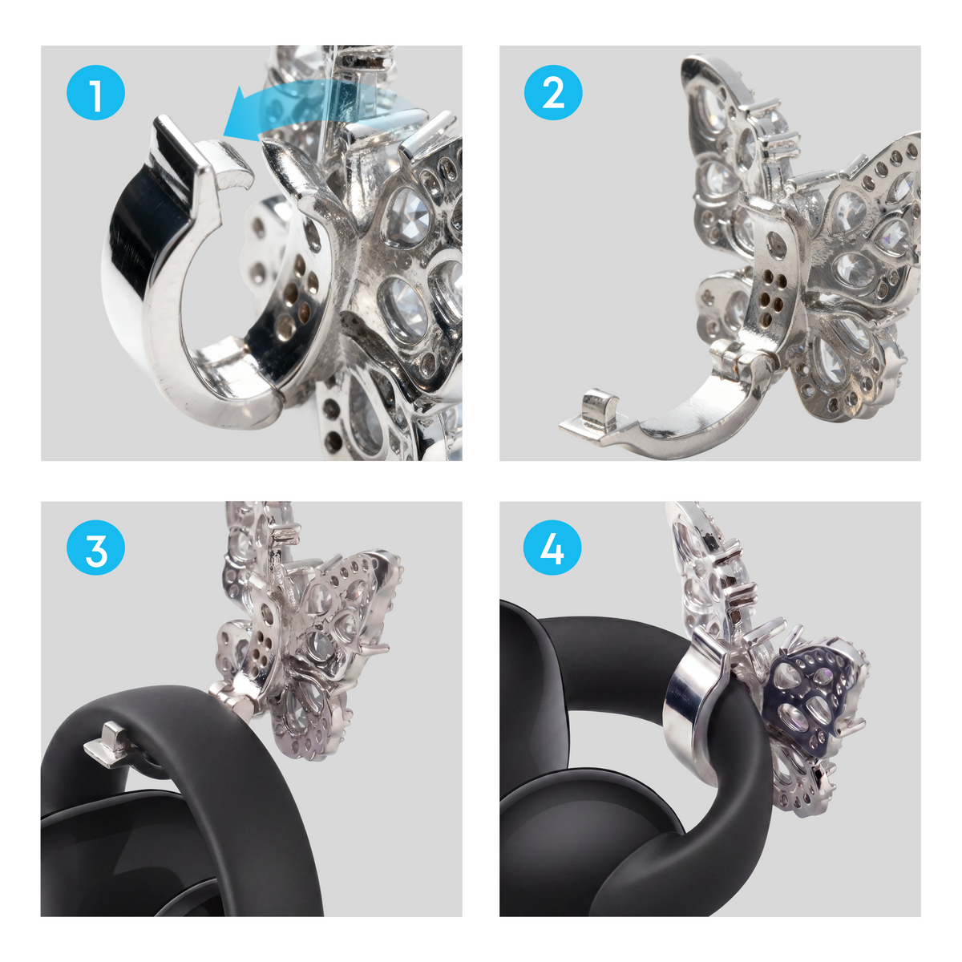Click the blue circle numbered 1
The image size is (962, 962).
[95, 92]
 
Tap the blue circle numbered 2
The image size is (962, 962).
[552, 92]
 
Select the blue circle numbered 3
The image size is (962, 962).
[95, 548]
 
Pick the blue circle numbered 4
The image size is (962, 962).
[552, 548]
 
